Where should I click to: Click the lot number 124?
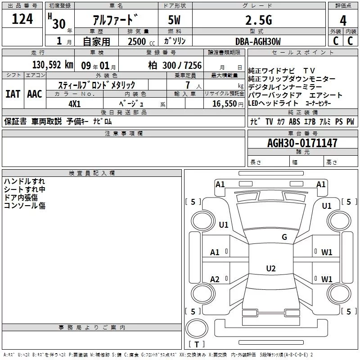point(22,19)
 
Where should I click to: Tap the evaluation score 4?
point(343,20)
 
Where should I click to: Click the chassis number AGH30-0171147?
point(302,144)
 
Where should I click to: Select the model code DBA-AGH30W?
point(258,41)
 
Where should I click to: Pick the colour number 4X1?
point(75,103)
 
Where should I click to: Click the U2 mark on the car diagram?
point(270,269)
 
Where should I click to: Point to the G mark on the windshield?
point(284,237)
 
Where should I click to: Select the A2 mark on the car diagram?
point(215,279)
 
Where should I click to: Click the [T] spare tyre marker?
point(197,345)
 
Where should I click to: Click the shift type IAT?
point(13,94)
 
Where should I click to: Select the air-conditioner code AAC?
point(35,94)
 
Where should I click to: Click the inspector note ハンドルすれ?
point(26,181)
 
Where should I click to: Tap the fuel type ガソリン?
point(175,41)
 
